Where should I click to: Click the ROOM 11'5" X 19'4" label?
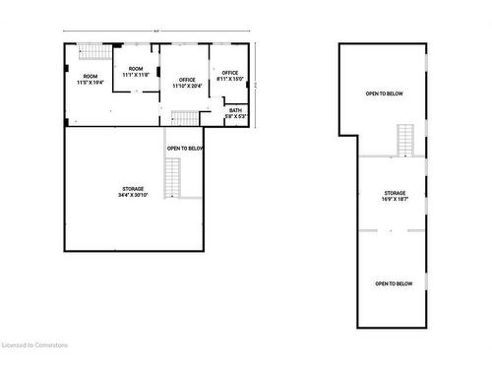91,80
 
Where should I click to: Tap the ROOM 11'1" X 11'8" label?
136,72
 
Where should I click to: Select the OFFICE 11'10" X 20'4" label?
187,83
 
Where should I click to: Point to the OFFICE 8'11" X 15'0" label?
230,76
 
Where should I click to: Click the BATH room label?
235,113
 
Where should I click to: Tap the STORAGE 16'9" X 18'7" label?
396,196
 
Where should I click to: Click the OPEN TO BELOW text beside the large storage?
185,149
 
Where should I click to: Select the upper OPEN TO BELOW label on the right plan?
384,93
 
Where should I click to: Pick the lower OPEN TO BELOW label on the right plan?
394,283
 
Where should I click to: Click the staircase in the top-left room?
91,52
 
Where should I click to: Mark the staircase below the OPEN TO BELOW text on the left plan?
173,177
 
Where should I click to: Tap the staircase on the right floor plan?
406,140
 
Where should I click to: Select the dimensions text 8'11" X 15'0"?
230,79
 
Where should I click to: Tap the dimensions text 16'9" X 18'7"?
396,199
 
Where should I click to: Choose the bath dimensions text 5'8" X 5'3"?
235,117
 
